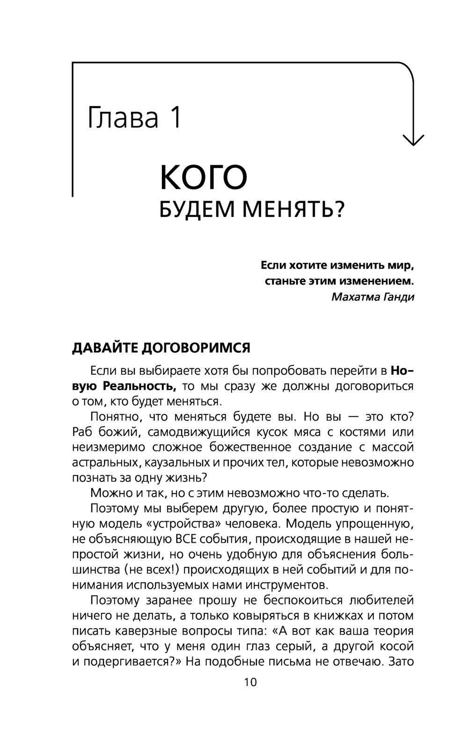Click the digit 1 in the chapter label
coord(175,117)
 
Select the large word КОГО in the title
coord(204,177)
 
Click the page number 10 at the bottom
coord(250,682)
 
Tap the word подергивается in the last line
coord(129,662)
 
